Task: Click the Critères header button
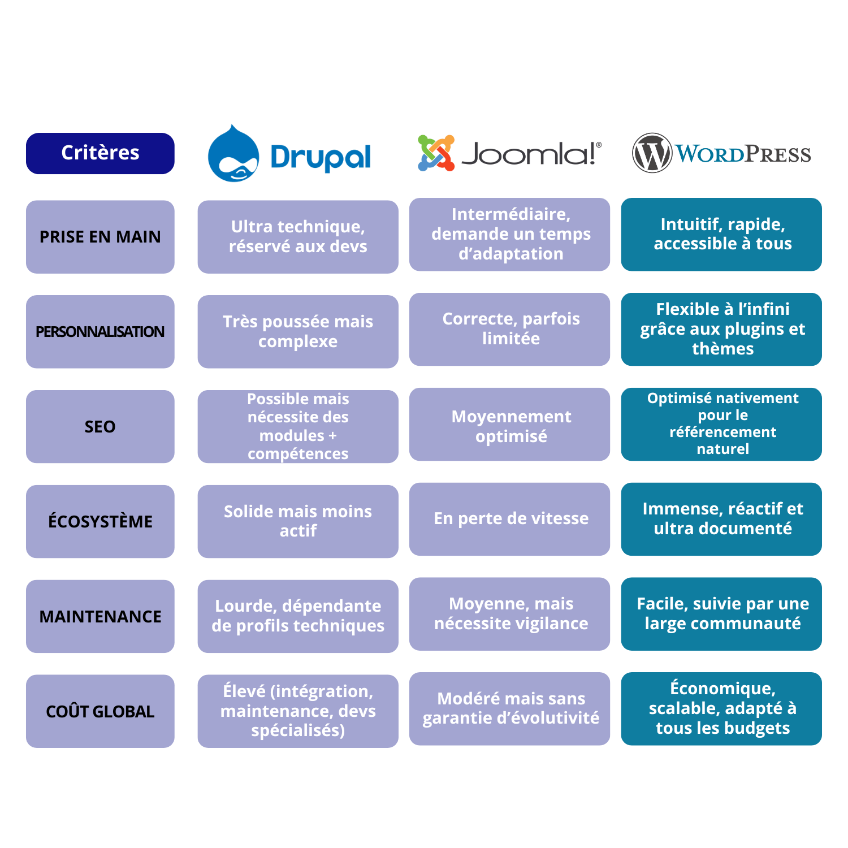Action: pos(100,153)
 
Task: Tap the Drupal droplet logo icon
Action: pos(233,154)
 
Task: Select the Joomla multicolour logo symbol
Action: pos(436,153)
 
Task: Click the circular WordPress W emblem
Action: pos(652,153)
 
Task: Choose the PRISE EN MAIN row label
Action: pos(100,237)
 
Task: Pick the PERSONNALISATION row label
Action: pos(100,332)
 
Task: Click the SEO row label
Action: pos(100,427)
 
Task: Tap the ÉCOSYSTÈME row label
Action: pos(100,521)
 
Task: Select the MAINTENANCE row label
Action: pos(100,616)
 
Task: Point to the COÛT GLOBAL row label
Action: pos(100,711)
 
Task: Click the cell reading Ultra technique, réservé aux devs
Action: pos(298,237)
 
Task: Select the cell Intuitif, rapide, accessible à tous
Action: pos(721,234)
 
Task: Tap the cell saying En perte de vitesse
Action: pos(510,519)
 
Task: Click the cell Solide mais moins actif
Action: pos(298,521)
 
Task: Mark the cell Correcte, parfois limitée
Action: pos(510,329)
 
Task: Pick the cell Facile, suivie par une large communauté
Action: pos(721,614)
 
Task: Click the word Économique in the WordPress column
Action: pos(722,689)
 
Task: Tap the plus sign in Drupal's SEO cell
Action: pos(332,436)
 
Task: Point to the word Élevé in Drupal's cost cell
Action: pos(244,691)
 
